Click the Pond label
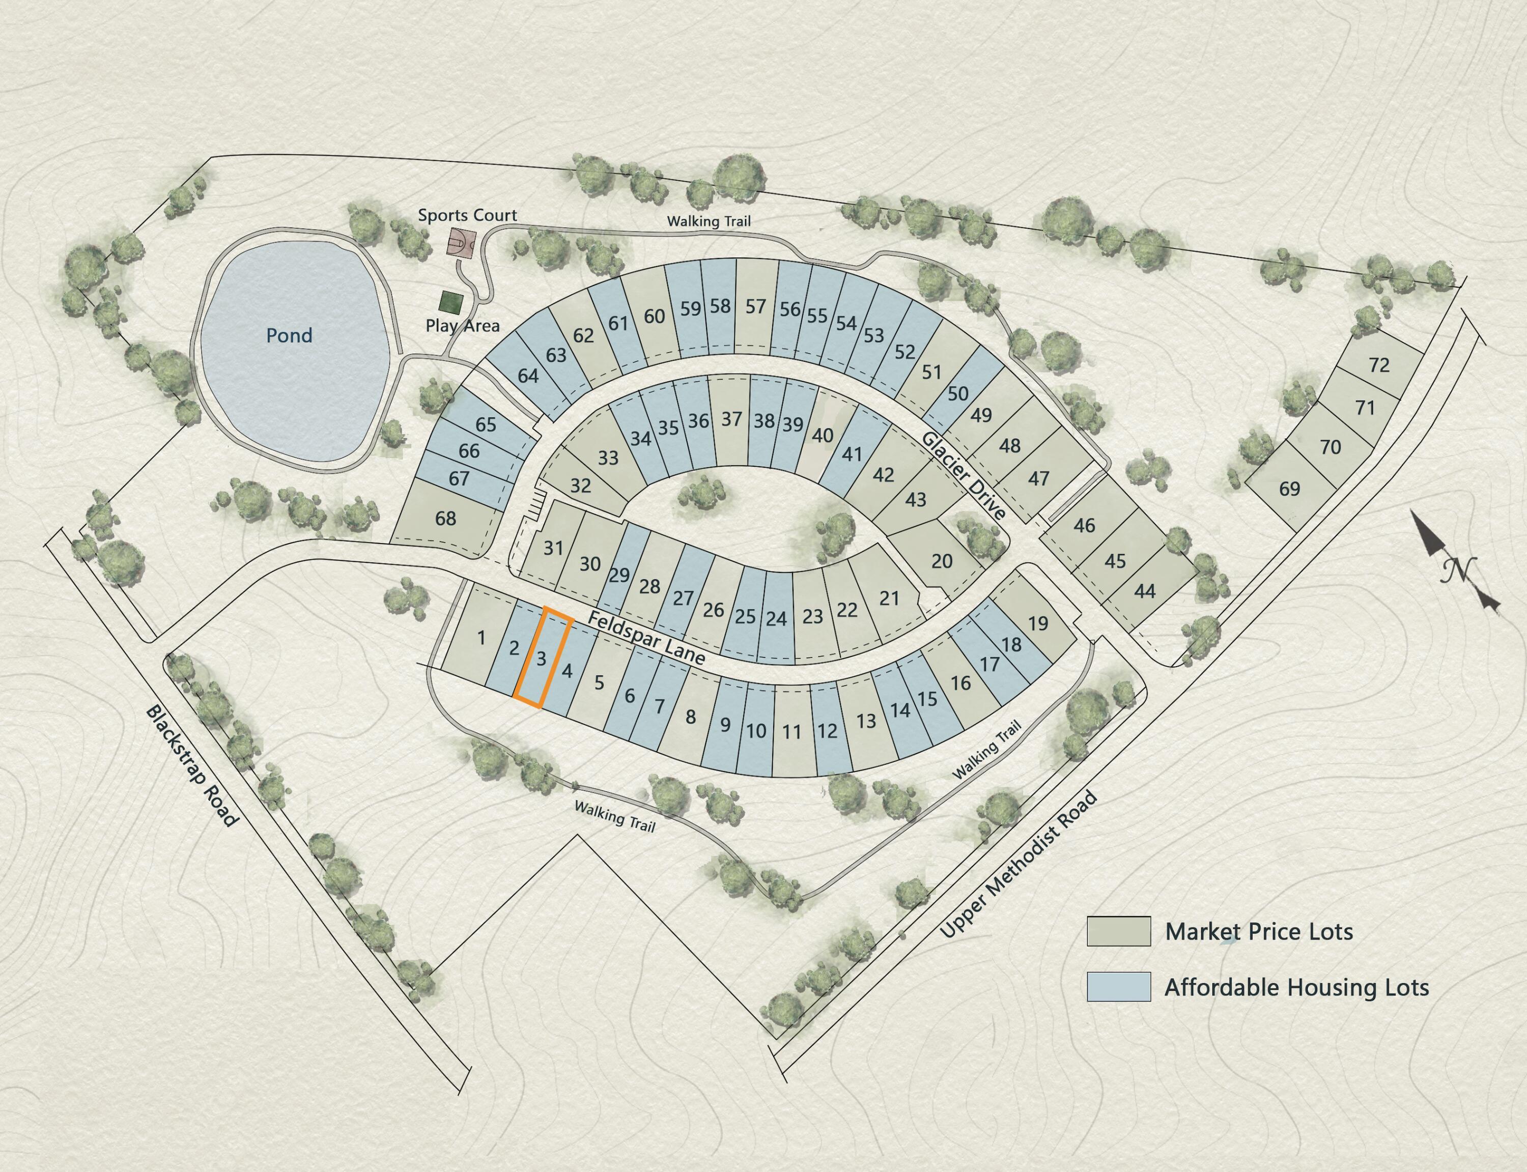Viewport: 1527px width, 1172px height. [289, 335]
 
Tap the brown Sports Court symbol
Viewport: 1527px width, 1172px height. [461, 243]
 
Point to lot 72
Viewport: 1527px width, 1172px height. [1379, 365]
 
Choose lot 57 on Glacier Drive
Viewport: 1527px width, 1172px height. [755, 307]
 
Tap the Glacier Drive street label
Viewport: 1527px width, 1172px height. [964, 476]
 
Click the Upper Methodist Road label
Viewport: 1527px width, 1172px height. [1019, 865]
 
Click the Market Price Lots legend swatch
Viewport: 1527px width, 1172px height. [1118, 931]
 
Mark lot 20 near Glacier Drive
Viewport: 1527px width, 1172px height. [941, 561]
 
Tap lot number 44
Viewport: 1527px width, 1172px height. [1145, 591]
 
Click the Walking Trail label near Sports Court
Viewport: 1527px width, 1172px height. [709, 221]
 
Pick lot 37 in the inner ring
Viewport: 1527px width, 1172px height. [731, 419]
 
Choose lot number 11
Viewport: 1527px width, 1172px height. [791, 732]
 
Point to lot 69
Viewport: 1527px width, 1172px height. [1289, 489]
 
